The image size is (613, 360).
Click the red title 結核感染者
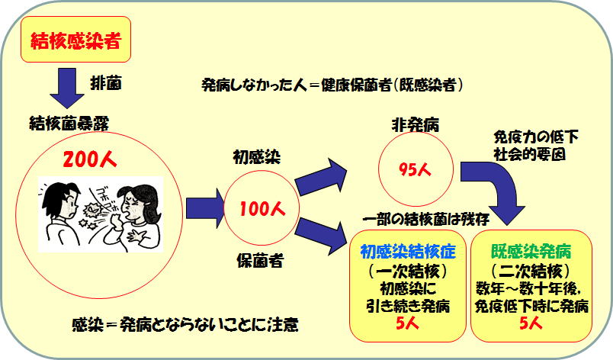pos(75,40)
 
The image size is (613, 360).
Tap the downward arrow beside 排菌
pos(67,88)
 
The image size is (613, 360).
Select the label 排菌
pos(105,82)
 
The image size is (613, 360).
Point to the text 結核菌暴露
pos(69,123)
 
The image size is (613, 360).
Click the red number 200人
pos(89,159)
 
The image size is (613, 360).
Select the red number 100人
pos(262,209)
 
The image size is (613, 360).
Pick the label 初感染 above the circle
pos(256,157)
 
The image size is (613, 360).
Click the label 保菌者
pos(259,260)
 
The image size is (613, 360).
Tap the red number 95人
pos(416,169)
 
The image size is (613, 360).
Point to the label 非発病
pos(416,125)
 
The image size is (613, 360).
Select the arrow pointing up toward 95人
pos(320,177)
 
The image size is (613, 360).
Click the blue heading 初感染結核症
pos(408,252)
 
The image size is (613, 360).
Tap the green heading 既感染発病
pos(531,252)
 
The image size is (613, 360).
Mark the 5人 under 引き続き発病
pos(407,324)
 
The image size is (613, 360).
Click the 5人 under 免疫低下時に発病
pos(531,323)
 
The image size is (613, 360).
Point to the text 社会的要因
pos(529,154)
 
